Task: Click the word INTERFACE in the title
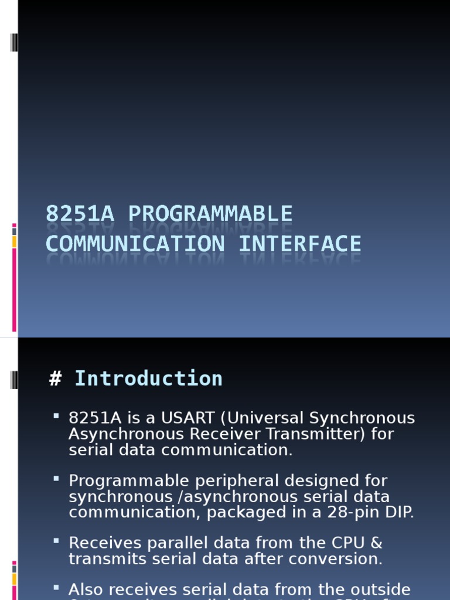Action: [299, 243]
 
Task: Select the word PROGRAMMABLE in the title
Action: [210, 214]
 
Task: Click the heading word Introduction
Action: [148, 379]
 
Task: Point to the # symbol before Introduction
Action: [56, 379]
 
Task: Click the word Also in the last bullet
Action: [86, 589]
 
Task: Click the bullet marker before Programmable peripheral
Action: [56, 478]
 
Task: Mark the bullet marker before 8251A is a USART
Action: [56, 415]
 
